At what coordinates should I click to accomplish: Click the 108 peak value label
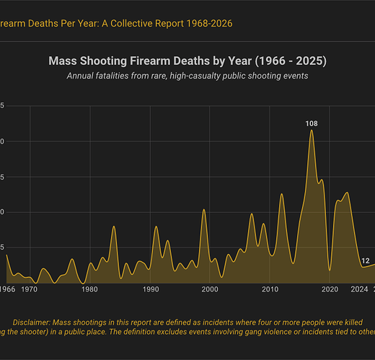coord(312,124)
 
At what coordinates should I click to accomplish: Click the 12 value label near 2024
coord(366,261)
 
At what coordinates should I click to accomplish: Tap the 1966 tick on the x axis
coord(7,289)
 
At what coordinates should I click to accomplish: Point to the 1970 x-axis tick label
coord(30,289)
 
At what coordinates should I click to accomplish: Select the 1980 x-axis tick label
coord(90,289)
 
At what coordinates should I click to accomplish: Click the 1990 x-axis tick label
coord(150,289)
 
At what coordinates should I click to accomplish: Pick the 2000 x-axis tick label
coord(210,289)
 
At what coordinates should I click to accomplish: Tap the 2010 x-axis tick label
coord(270,289)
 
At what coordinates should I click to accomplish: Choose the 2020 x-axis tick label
coord(330,289)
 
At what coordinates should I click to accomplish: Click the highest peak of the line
coord(312,131)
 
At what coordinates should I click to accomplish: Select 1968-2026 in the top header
coord(206,24)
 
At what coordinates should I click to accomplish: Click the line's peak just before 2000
coord(203,210)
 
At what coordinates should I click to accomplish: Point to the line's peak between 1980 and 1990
coord(114,227)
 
